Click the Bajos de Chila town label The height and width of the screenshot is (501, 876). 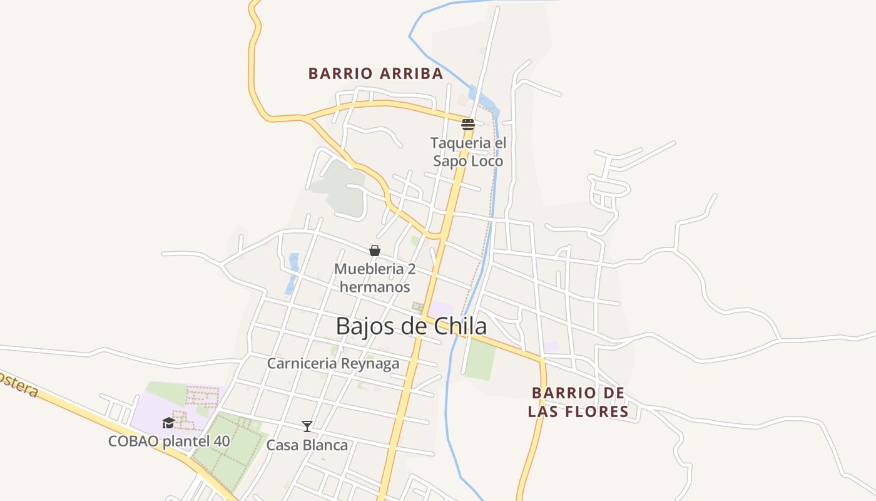pyautogui.click(x=411, y=326)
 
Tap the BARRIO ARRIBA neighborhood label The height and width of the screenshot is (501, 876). pyautogui.click(x=375, y=74)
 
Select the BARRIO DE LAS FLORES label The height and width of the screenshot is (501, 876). pyautogui.click(x=578, y=402)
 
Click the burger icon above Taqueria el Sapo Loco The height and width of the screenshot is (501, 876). pyautogui.click(x=468, y=124)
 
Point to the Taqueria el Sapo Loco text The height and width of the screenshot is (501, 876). pyautogui.click(x=468, y=152)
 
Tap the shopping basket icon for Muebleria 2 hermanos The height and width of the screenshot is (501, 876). pyautogui.click(x=374, y=251)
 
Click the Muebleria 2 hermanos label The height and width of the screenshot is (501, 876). pyautogui.click(x=374, y=278)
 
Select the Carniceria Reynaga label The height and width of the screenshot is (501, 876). pyautogui.click(x=333, y=363)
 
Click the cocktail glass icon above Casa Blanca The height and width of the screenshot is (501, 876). pyautogui.click(x=307, y=426)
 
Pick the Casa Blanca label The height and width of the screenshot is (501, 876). pyautogui.click(x=307, y=445)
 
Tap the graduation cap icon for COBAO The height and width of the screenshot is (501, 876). pyautogui.click(x=168, y=423)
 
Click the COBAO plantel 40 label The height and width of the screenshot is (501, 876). pyautogui.click(x=169, y=441)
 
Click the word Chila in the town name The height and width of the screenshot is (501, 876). pyautogui.click(x=461, y=326)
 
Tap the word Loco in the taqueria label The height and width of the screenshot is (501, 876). pyautogui.click(x=486, y=161)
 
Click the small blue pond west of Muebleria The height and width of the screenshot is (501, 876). pyautogui.click(x=292, y=273)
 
